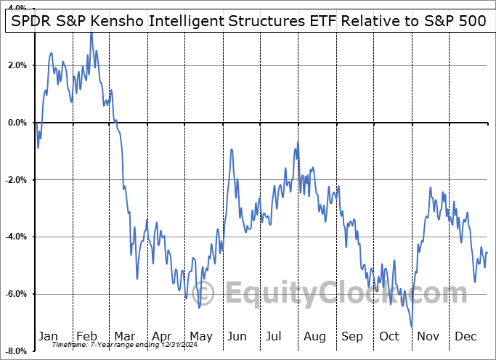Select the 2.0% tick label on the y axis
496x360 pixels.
point(17,66)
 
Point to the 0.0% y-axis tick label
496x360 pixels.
point(17,123)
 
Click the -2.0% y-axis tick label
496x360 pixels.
point(15,180)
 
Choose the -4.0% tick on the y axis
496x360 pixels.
point(15,237)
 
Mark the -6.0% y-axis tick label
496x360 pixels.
point(15,295)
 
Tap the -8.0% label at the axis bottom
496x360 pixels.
point(15,351)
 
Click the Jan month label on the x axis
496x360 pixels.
point(48,336)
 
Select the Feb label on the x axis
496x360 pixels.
point(86,336)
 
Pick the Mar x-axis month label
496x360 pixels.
point(124,336)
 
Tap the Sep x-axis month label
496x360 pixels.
point(351,336)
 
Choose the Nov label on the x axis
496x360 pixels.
point(428,336)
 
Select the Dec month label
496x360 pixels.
point(465,336)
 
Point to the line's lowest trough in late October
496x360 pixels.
point(412,327)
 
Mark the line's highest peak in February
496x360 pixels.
point(92,33)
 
